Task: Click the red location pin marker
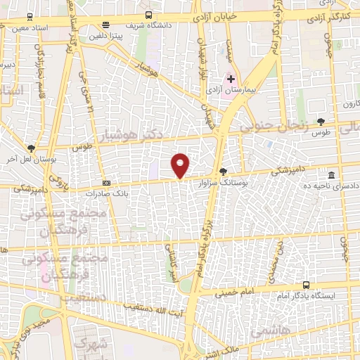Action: (181, 165)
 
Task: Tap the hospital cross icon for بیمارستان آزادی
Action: (231, 79)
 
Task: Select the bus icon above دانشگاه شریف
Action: (148, 15)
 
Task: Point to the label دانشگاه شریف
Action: (148, 25)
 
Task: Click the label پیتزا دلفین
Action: (105, 34)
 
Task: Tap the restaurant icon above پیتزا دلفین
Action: (105, 24)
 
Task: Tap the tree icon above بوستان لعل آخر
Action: (30, 148)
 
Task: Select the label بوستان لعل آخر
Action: (30, 158)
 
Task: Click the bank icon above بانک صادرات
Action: (105, 182)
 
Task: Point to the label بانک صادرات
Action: (105, 192)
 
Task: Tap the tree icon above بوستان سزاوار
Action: (224, 171)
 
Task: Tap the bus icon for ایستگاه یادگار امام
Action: (306, 285)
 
